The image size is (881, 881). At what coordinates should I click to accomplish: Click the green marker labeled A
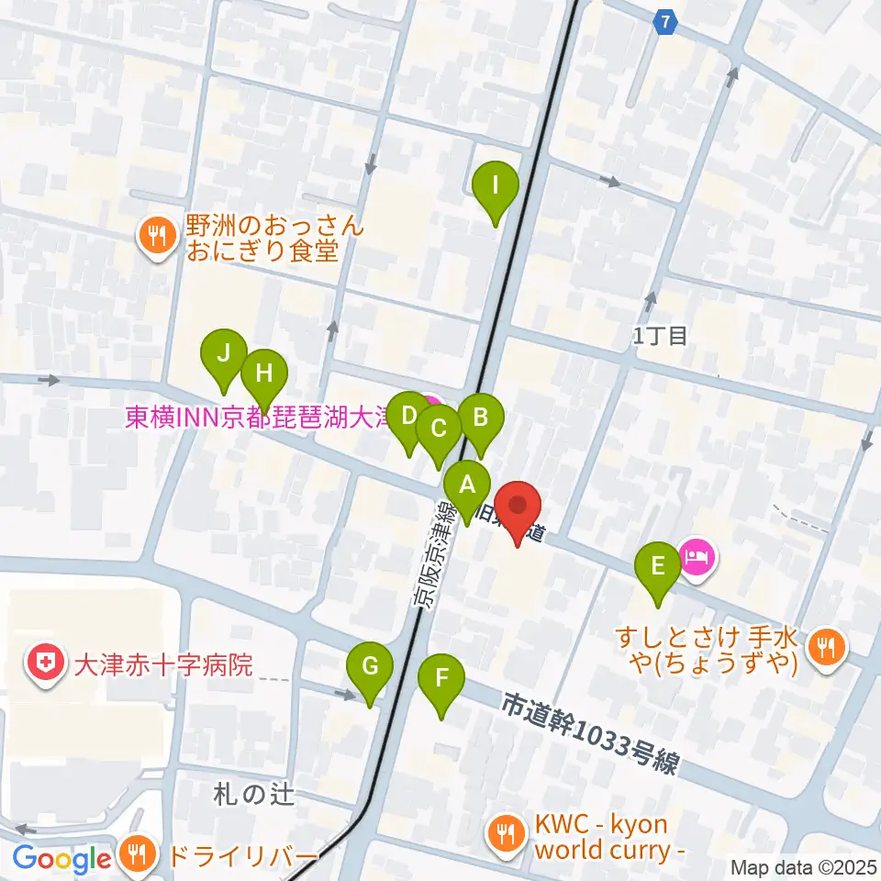tap(467, 485)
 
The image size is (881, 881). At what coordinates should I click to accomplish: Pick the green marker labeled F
tap(441, 680)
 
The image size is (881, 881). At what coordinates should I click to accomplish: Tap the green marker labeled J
tap(224, 353)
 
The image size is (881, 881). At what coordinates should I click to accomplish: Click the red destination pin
tap(518, 506)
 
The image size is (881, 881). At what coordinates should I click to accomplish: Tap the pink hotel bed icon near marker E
tap(697, 557)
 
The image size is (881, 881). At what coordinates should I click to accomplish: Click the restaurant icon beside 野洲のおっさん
tap(159, 237)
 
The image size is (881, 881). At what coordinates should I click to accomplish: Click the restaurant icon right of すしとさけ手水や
tap(828, 649)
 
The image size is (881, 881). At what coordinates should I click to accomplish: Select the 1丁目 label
tap(660, 337)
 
